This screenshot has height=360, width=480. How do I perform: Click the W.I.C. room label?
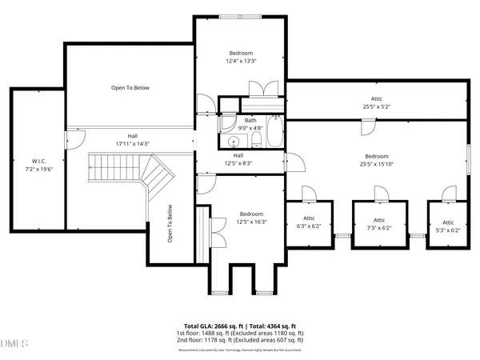pos(37,166)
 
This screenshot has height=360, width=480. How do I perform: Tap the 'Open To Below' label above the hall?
pos(130,88)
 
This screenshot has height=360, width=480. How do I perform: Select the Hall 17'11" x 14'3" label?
pos(133,140)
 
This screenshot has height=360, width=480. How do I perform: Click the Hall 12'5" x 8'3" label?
pos(238,159)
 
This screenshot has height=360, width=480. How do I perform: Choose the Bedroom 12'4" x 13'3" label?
pos(241,57)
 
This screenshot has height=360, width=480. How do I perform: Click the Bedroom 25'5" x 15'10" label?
pos(377,160)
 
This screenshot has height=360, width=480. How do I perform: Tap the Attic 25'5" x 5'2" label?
pos(376,102)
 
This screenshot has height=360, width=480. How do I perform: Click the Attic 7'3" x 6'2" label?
pos(379,224)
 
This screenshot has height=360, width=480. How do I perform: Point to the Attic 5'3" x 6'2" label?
pos(448,226)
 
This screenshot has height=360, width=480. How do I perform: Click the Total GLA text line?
pos(240,326)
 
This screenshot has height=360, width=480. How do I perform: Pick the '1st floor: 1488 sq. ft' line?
pos(240,334)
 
